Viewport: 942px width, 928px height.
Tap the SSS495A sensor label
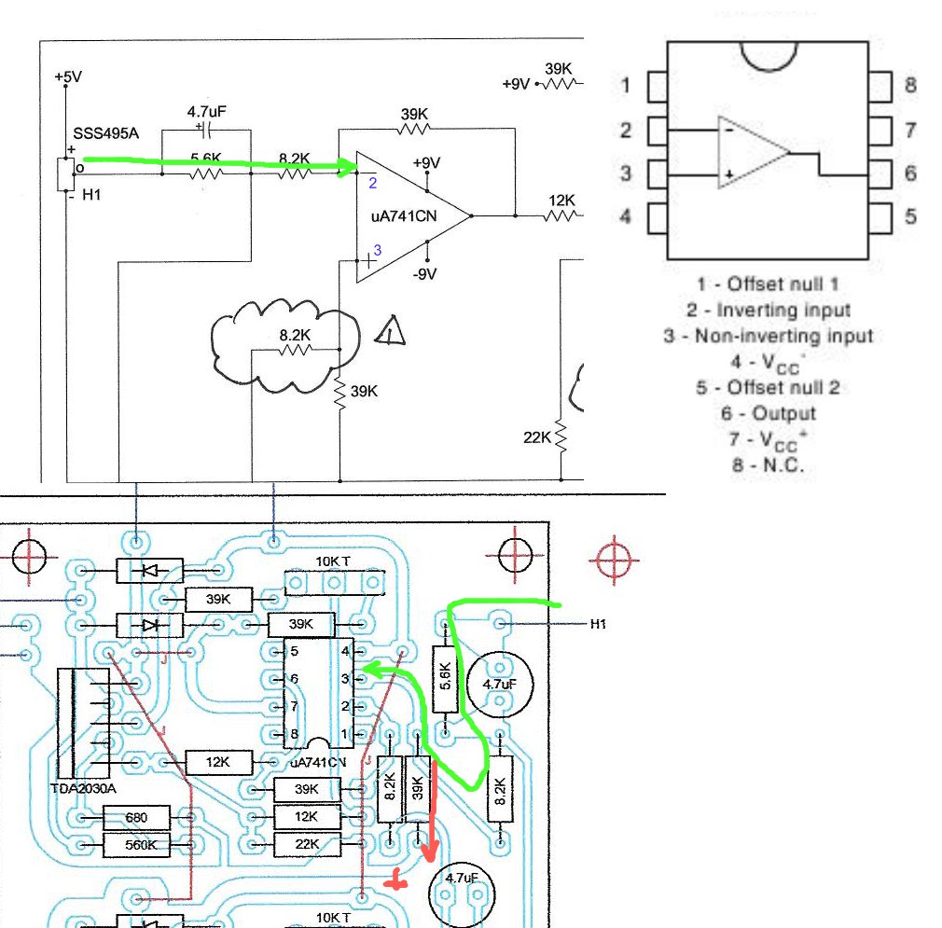click(x=105, y=133)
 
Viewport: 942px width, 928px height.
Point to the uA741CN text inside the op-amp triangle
click(x=404, y=217)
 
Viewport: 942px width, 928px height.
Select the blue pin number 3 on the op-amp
click(x=378, y=250)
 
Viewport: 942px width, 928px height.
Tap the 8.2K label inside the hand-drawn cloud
click(x=296, y=333)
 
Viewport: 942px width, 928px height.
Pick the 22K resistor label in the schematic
click(x=538, y=437)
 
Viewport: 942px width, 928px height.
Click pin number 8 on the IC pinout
click(x=909, y=86)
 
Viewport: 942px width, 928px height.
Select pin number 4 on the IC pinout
click(x=626, y=216)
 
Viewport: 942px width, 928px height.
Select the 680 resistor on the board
click(x=136, y=819)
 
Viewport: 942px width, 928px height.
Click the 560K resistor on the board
click(x=136, y=846)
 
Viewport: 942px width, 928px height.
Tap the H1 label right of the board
click(x=599, y=623)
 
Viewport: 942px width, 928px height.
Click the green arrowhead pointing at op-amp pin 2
click(x=351, y=169)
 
